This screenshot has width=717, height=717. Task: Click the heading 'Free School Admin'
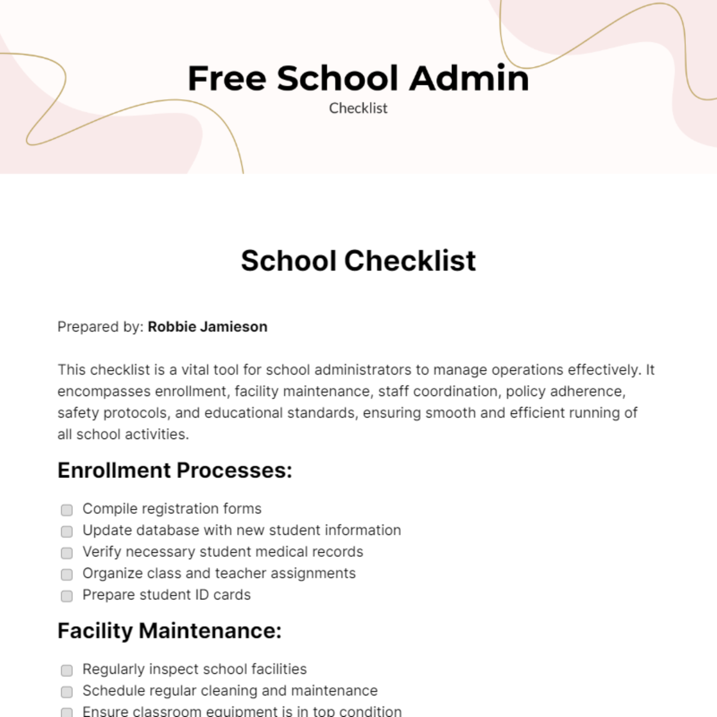358,78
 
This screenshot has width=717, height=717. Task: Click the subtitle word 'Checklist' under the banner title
358,108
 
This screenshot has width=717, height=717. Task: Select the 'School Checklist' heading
358,261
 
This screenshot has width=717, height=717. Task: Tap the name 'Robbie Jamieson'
207,327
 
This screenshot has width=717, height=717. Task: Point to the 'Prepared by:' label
100,327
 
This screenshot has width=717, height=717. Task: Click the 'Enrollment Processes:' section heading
174,470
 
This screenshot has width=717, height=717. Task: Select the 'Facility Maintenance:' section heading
169,630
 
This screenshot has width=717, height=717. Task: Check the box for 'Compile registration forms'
67,510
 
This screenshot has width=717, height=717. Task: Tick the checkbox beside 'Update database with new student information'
67,531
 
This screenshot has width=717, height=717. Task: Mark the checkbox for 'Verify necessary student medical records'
67,553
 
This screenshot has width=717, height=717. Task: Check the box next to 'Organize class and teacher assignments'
67,574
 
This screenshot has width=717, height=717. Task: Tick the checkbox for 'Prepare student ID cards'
67,596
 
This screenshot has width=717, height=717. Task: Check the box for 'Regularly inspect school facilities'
67,670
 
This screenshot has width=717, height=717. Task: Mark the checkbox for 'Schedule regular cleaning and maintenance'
67,692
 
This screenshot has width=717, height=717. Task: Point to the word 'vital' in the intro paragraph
196,370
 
